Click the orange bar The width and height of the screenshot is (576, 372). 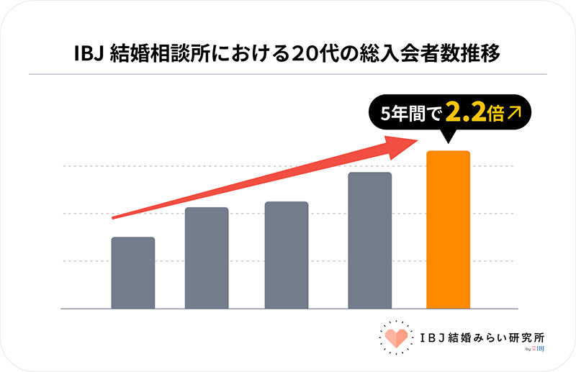click(x=448, y=230)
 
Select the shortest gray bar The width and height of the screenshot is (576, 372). click(x=133, y=273)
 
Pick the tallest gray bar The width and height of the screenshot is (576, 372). click(x=369, y=241)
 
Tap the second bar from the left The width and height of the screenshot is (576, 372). click(x=207, y=258)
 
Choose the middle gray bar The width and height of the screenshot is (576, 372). click(x=287, y=255)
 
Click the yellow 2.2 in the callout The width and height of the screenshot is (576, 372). click(x=465, y=113)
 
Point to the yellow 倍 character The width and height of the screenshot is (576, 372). click(x=495, y=114)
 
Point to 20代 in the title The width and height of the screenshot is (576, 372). click(x=310, y=54)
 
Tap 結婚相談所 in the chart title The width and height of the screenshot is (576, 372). click(x=148, y=54)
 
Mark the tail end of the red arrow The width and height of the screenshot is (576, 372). click(x=114, y=217)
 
